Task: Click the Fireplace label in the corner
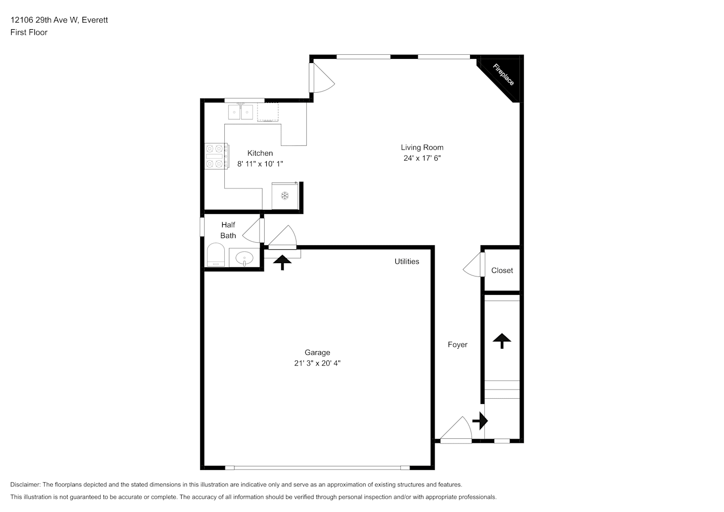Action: (503, 75)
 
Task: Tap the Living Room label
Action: (422, 147)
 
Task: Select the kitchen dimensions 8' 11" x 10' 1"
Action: (260, 164)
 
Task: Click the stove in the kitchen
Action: (217, 157)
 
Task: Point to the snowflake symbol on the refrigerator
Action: (285, 196)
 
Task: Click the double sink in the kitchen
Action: (241, 112)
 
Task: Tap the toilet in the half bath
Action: (216, 255)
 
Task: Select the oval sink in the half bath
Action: (244, 258)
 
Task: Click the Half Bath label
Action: (228, 230)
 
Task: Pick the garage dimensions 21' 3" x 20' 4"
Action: (317, 364)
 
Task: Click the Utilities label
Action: (407, 262)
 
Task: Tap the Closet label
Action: (502, 270)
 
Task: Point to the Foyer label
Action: (457, 345)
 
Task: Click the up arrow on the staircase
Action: (502, 341)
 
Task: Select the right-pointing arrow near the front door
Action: (480, 421)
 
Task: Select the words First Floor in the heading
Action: (29, 32)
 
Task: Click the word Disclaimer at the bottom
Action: (26, 484)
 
